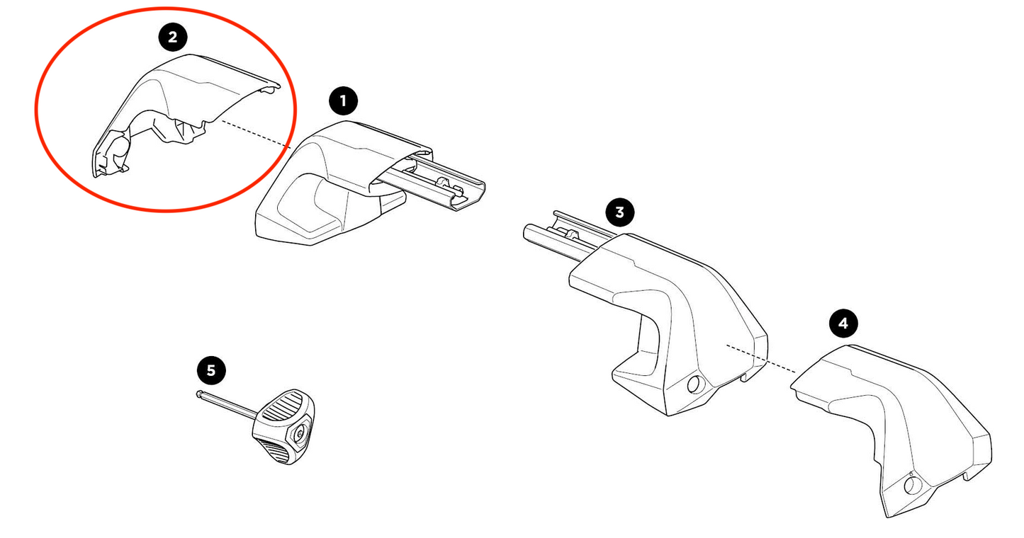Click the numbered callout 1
[344, 101]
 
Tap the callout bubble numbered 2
[173, 38]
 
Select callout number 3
[620, 212]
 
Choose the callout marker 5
[211, 370]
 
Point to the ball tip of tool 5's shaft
[200, 395]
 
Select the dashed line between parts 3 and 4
[762, 358]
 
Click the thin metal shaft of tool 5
[227, 407]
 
